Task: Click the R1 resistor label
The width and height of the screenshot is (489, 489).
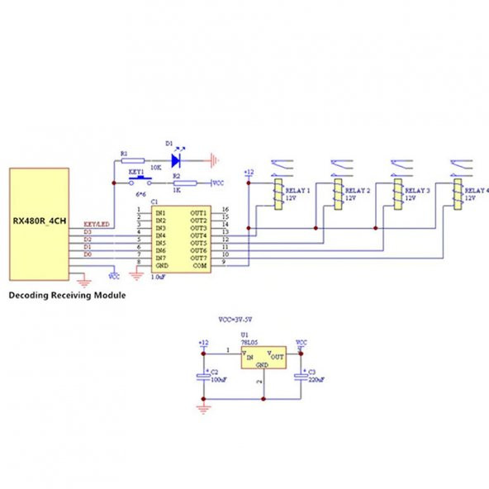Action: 124,153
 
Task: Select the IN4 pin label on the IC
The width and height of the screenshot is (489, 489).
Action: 161,236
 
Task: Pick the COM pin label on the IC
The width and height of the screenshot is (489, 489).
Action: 199,266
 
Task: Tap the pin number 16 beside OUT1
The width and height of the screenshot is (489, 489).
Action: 225,211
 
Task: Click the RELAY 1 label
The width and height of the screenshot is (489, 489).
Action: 297,191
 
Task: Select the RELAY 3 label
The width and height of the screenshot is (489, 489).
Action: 417,191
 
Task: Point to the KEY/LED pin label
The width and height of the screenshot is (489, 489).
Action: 97,224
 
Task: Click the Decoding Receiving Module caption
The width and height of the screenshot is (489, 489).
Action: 67,295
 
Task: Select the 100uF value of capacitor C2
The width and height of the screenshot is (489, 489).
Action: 218,380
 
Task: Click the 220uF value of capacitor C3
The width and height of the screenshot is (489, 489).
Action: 315,380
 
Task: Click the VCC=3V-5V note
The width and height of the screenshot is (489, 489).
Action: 240,318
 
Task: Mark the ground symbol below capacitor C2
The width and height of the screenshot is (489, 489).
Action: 203,407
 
